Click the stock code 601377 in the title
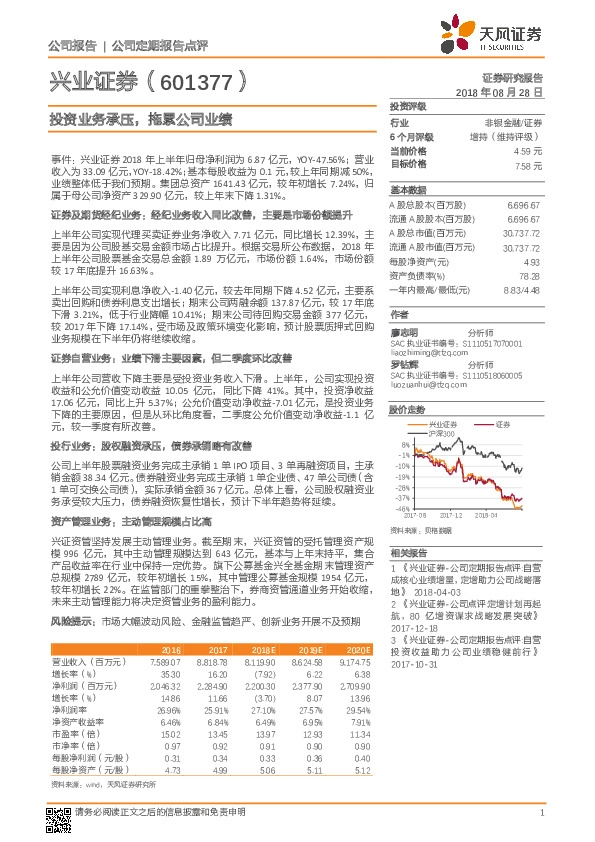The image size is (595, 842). coord(193,80)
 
